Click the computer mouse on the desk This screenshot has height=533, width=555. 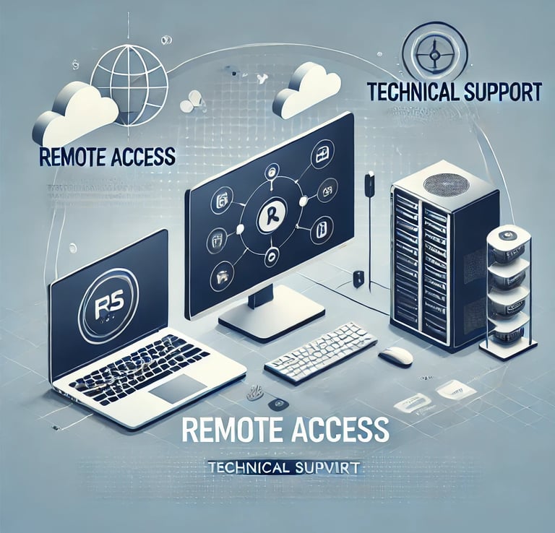(395, 355)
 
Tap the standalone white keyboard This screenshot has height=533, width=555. (319, 352)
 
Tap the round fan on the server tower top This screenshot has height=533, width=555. (445, 183)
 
